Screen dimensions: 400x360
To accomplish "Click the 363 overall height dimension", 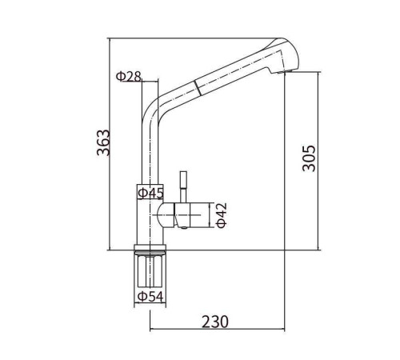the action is point(103,142).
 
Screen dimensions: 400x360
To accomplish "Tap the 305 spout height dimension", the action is point(309,158).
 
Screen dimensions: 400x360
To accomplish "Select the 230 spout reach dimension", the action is point(215,322).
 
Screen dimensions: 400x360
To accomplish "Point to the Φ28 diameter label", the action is point(128,77).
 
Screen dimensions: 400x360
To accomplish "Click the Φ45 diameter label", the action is point(150,193).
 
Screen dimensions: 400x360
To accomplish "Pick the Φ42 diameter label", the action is point(222,215).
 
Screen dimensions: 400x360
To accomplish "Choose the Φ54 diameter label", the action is point(150,296).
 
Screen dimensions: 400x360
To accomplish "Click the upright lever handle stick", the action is point(183,186).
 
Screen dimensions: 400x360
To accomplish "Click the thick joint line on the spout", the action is point(198,86).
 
